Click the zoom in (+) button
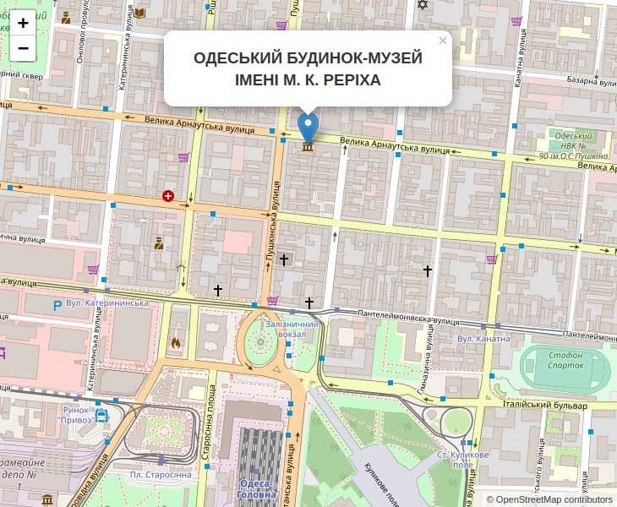24,23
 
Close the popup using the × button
442,41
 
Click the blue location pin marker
308,128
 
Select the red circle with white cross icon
168,196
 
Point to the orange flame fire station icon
176,342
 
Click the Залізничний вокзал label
291,329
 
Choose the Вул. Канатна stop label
483,339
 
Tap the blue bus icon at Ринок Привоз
101,416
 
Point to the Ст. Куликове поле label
462,460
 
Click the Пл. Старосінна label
161,474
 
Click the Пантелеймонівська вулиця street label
409,317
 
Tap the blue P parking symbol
57,304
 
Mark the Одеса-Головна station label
256,488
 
